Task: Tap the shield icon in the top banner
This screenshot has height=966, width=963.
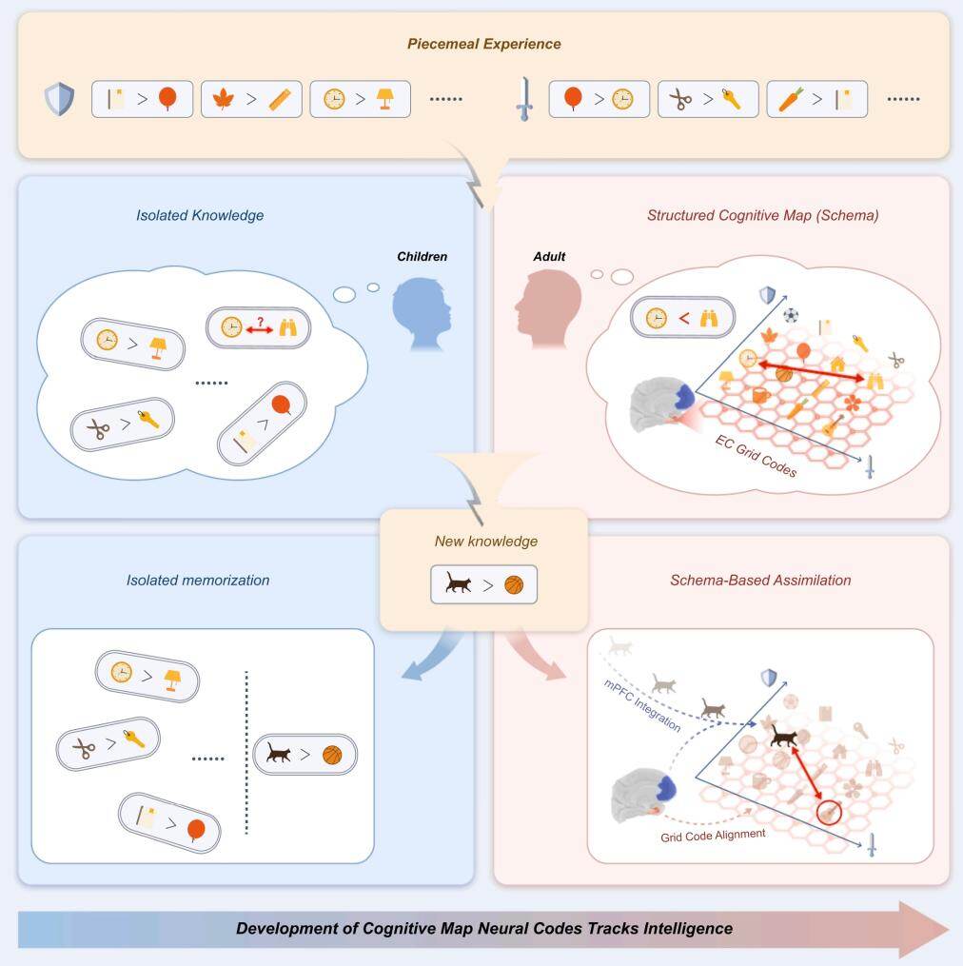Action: tap(59, 98)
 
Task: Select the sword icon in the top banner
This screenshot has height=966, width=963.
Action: tap(522, 100)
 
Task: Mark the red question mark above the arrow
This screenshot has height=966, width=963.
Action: tap(258, 319)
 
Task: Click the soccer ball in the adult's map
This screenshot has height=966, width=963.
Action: tap(791, 314)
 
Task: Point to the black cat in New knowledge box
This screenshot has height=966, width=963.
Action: tap(458, 585)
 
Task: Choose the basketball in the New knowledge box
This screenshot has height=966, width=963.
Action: tap(514, 585)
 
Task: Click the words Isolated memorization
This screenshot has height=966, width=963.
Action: tap(197, 580)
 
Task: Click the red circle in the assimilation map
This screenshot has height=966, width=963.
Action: tap(829, 812)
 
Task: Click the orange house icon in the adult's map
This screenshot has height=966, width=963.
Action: tap(838, 363)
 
